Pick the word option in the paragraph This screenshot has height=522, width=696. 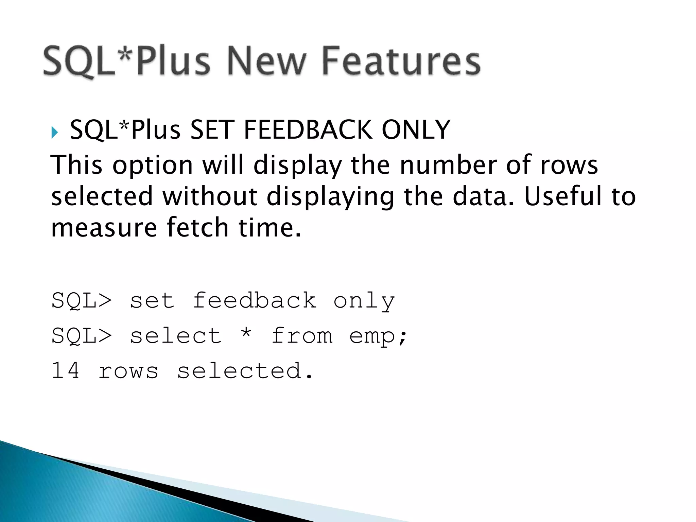pos(153,165)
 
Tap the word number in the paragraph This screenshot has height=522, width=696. pos(448,165)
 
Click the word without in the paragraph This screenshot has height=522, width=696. pos(210,196)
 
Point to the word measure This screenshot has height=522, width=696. pos(104,227)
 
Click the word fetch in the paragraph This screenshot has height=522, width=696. pos(197,227)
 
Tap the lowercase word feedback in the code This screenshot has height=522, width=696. pos(255,301)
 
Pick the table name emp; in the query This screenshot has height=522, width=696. pos(378,336)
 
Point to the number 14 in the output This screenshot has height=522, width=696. pos(66,370)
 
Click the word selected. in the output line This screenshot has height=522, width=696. pos(245,370)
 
